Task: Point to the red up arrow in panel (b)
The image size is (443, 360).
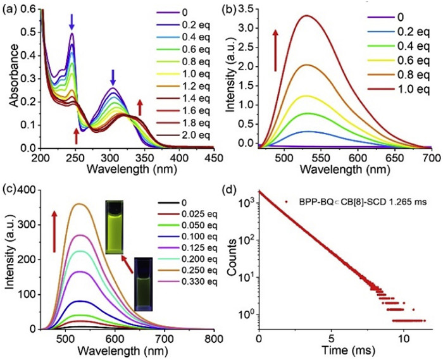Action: [x=276, y=53]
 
